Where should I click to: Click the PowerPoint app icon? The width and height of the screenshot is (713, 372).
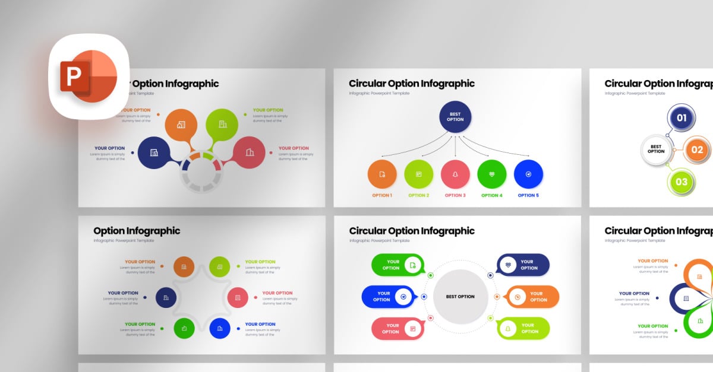[89, 77]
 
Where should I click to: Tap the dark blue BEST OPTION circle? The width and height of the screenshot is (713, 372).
[455, 116]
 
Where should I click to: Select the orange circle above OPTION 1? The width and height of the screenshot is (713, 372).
[382, 174]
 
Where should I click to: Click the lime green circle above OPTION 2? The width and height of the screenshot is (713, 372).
[419, 174]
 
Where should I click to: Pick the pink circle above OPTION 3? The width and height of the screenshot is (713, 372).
[455, 174]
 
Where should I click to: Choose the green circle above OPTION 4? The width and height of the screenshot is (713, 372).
[492, 174]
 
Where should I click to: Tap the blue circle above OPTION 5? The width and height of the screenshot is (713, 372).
[528, 174]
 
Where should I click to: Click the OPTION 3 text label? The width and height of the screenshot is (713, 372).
[455, 195]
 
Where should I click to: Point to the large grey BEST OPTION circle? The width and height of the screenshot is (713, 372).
[460, 296]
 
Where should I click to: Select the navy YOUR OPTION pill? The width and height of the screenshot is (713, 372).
[522, 265]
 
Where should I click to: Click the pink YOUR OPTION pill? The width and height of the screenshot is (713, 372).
[397, 328]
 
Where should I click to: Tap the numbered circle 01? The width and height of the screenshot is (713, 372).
[682, 117]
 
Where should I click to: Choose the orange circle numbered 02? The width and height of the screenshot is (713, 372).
[696, 150]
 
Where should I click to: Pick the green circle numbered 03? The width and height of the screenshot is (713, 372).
[682, 182]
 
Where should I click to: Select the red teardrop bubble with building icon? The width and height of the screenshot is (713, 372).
[249, 152]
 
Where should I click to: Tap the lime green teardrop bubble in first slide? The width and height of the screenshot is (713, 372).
[222, 124]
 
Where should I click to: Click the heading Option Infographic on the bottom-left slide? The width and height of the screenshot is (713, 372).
[137, 231]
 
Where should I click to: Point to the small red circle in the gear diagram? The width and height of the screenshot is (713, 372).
[238, 297]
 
